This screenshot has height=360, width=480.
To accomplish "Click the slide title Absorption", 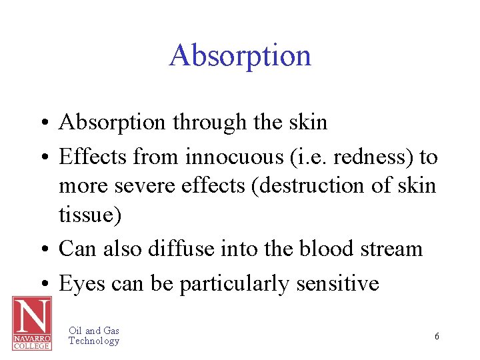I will (x=240, y=55).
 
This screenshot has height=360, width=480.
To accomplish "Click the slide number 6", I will (x=437, y=337).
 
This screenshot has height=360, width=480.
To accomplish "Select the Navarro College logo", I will (x=31, y=323).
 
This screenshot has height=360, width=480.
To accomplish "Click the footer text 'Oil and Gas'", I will (x=94, y=331).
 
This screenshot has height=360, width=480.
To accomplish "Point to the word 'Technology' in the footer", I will (x=94, y=341).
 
